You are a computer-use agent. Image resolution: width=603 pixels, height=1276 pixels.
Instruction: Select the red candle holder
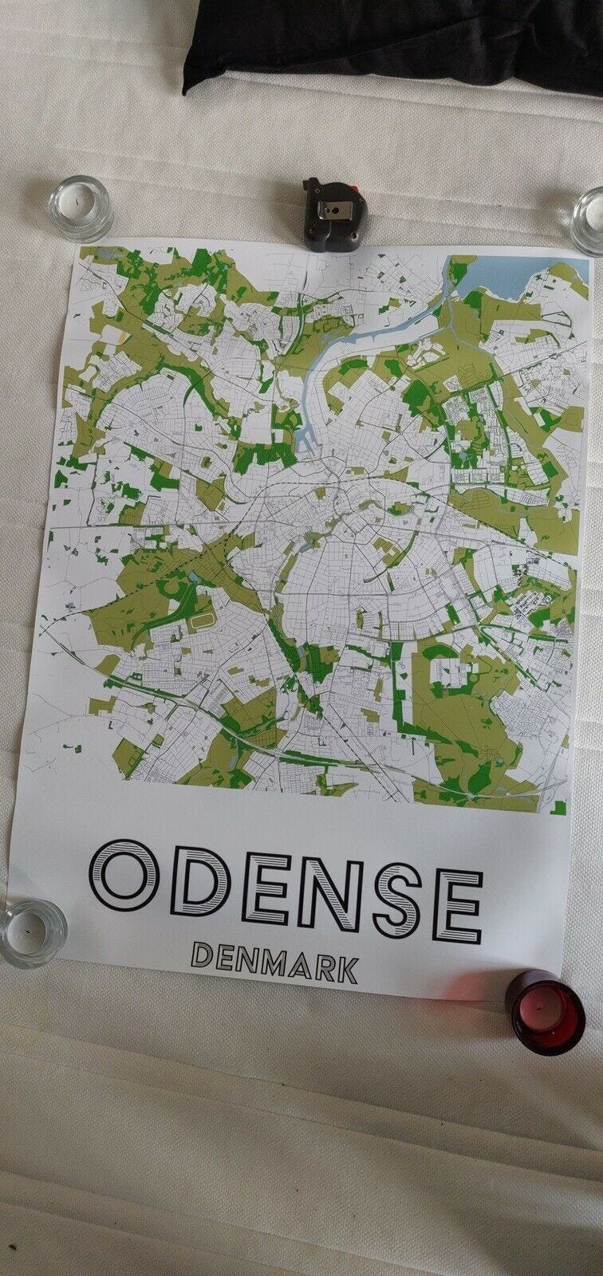(543, 1013)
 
